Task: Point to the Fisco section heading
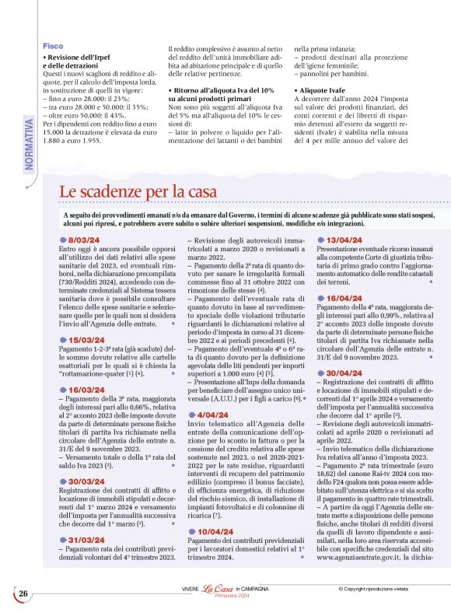[x=53, y=46]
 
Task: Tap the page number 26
[x=23, y=593]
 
